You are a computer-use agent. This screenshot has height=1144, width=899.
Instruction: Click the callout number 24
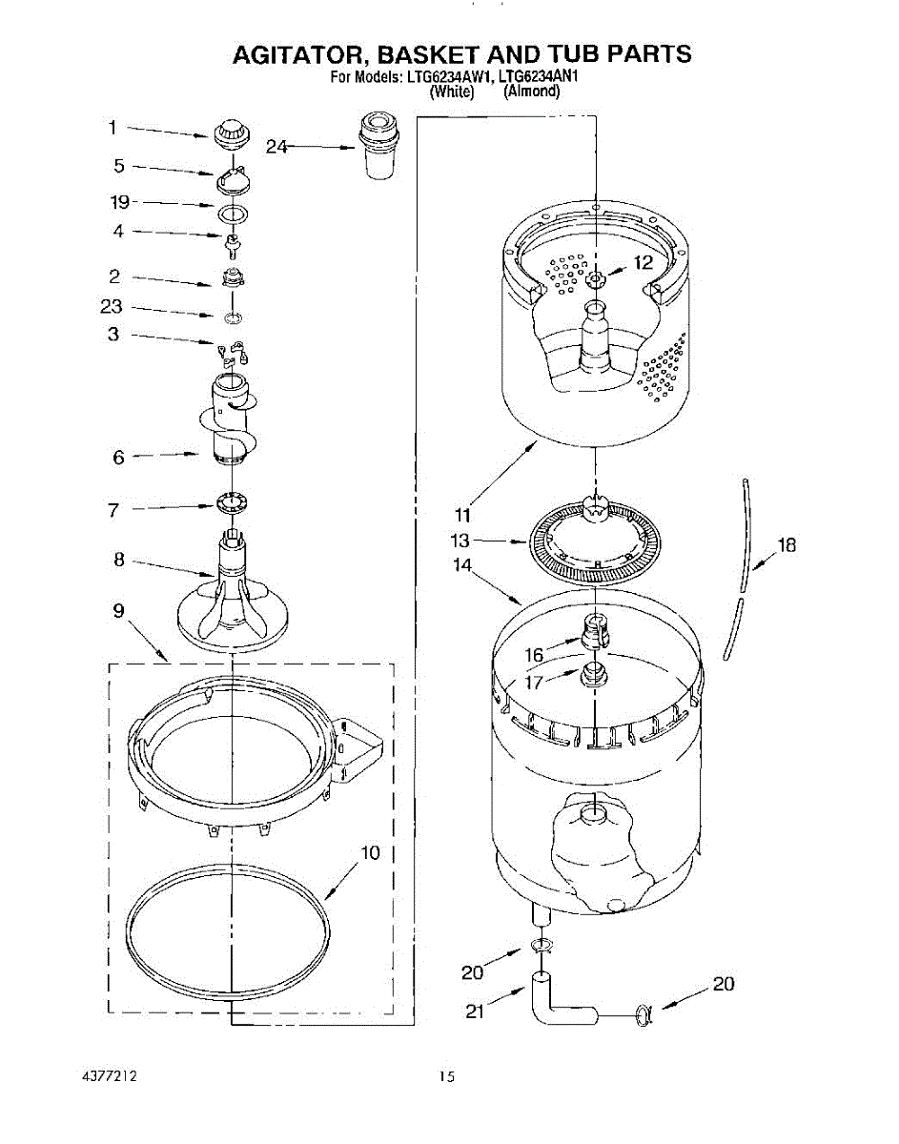click(276, 147)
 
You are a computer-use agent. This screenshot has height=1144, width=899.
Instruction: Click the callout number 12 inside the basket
click(644, 262)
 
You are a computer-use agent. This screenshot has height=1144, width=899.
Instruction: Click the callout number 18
click(787, 545)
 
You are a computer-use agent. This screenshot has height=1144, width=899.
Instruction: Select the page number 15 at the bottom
click(446, 1077)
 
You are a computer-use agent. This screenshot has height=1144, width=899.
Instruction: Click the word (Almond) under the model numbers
click(531, 92)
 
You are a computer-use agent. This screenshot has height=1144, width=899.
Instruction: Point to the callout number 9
click(119, 611)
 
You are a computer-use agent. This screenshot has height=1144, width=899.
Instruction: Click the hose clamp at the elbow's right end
click(643, 1016)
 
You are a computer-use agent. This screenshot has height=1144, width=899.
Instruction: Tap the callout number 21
click(475, 1011)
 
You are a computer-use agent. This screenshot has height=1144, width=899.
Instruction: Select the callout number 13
click(460, 541)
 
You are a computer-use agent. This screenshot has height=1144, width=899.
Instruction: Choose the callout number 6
click(119, 458)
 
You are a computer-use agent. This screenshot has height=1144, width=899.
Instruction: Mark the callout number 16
click(535, 655)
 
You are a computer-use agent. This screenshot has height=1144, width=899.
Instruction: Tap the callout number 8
click(119, 561)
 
